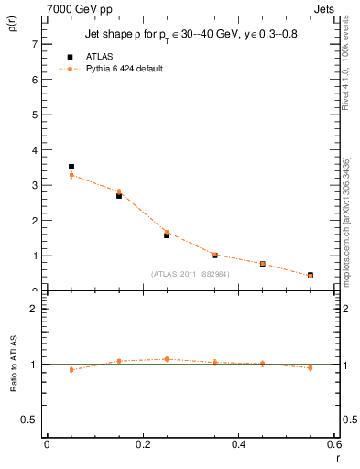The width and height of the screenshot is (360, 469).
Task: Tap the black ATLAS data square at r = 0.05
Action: pyautogui.click(x=71, y=167)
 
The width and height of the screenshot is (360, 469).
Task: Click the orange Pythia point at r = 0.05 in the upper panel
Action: pyautogui.click(x=71, y=175)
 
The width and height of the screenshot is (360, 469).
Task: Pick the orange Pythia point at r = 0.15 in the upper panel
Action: pyautogui.click(x=119, y=191)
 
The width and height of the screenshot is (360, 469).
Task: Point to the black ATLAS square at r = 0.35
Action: pyautogui.click(x=214, y=255)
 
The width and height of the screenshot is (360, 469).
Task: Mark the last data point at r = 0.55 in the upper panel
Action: pyautogui.click(x=311, y=275)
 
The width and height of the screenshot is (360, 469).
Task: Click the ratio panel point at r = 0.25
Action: pyautogui.click(x=167, y=359)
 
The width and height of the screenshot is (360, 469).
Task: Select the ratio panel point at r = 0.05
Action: pyautogui.click(x=71, y=369)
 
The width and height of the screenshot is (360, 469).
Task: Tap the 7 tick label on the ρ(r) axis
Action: pyautogui.click(x=34, y=44)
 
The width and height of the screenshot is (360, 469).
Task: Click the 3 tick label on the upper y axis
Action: pyautogui.click(x=34, y=185)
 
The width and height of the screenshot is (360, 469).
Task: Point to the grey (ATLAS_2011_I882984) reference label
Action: pyautogui.click(x=190, y=273)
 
